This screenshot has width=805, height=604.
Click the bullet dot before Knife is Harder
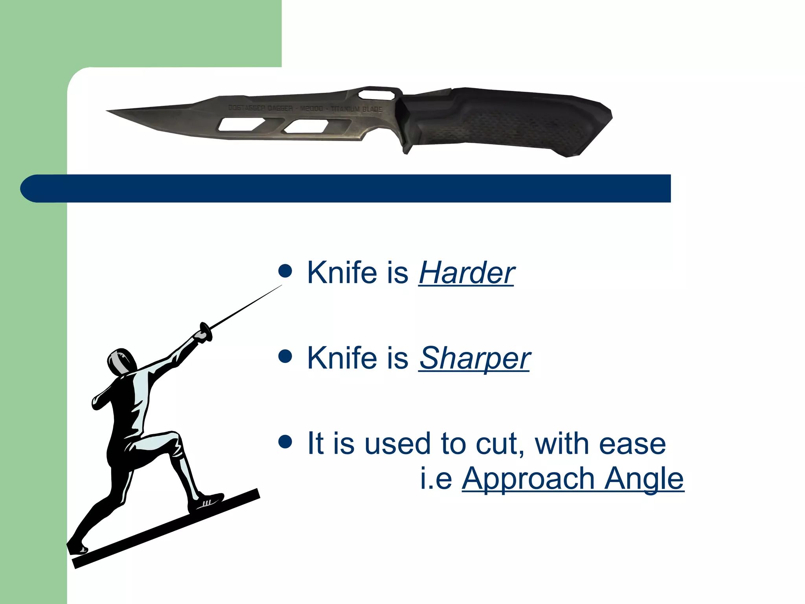coord(285,271)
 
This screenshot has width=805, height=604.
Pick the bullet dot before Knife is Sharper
coord(285,356)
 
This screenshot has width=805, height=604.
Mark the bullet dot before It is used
coord(285,441)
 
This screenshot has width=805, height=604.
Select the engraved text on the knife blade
coord(305,108)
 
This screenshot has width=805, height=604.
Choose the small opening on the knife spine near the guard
coord(376,95)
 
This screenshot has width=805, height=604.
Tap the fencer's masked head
coord(121,362)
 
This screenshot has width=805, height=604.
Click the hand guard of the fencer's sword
coord(206,331)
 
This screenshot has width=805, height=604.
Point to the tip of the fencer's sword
coord(281,286)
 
